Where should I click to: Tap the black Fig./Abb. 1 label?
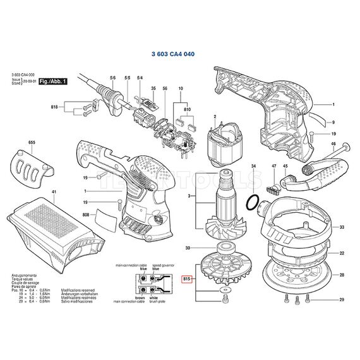(x=53, y=82)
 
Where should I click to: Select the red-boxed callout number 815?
(x=186, y=279)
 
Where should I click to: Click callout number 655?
(x=32, y=143)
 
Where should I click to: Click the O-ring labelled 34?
(x=252, y=203)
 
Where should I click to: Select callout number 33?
(x=341, y=227)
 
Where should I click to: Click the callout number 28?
(x=341, y=275)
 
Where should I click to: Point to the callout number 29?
(x=341, y=299)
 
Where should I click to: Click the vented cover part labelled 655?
(x=32, y=166)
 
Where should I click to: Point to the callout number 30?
(x=186, y=248)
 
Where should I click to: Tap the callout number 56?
(x=165, y=88)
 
